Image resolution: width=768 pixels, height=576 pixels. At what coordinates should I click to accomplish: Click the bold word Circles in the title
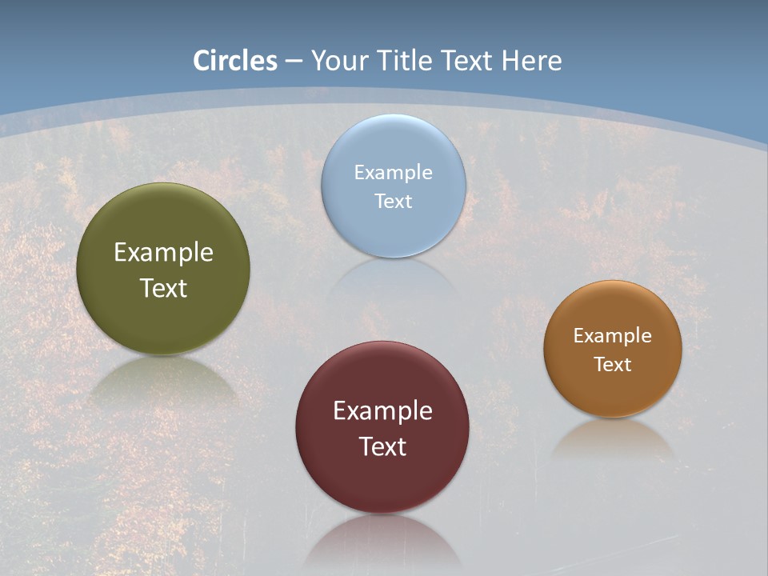coord(235,61)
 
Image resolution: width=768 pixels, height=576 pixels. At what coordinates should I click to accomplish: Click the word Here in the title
coord(531,61)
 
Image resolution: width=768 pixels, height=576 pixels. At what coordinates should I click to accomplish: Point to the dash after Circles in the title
coord(294,62)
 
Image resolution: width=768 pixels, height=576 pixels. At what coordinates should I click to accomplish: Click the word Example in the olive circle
coord(163,253)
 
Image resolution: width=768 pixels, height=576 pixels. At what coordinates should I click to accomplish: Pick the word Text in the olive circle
coord(163,288)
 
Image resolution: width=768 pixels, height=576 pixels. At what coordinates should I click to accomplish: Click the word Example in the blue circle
coord(394,173)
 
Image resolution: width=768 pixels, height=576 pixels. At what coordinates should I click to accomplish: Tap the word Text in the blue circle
coord(394,201)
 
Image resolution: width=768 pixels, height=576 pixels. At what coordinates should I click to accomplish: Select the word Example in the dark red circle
coord(382,411)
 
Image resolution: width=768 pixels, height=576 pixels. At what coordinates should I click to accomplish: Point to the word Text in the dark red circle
coord(382,446)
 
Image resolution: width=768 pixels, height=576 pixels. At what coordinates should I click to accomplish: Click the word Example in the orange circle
coord(613,336)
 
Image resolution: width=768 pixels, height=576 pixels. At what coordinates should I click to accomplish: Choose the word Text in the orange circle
coord(613,365)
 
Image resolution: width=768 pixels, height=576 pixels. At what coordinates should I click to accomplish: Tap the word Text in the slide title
coord(466,61)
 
